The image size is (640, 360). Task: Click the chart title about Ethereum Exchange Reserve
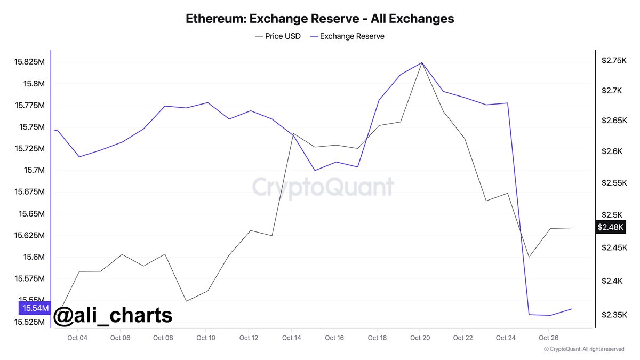320,19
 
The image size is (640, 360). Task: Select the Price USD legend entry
278,36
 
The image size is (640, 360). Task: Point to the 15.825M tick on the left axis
31,62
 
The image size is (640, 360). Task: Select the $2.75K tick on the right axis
614,61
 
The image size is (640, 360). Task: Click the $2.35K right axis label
614,315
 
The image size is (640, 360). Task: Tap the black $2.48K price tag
610,227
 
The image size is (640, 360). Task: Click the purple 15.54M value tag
35,308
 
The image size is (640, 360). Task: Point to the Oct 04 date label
77,338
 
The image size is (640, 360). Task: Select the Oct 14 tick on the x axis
292,338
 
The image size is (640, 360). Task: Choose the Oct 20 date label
420,338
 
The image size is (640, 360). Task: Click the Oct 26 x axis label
549,338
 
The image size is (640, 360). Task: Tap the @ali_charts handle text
113,315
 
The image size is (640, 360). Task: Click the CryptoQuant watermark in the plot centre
323,187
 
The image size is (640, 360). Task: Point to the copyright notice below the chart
584,349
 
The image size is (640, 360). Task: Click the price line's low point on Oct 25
529,257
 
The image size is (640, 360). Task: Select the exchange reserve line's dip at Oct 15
315,171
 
